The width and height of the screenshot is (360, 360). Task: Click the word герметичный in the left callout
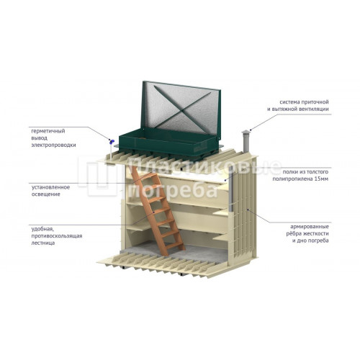[x=48, y=131]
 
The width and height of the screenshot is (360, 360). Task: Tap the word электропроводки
[x=54, y=145]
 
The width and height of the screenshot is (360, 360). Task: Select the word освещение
[x=46, y=194]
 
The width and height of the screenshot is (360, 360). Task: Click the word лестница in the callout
[x=43, y=243]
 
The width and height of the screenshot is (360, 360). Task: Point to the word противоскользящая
[x=57, y=236]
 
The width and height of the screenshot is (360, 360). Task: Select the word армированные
[x=310, y=227]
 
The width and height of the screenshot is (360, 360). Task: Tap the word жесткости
[x=315, y=233]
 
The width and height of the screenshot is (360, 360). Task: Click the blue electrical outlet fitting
[x=112, y=142]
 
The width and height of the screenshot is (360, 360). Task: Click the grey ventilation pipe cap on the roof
[x=246, y=132]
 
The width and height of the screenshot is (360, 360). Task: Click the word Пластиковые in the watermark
[x=204, y=166]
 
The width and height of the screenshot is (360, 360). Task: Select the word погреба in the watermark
[x=172, y=190]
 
